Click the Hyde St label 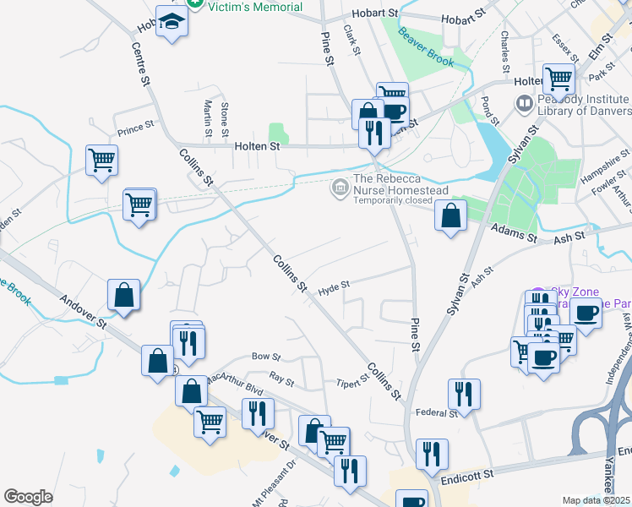[333, 290]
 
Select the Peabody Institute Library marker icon [524, 104]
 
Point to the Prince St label [135, 130]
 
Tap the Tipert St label [353, 383]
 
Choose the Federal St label [437, 412]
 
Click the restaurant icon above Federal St [464, 393]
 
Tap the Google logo [28, 497]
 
